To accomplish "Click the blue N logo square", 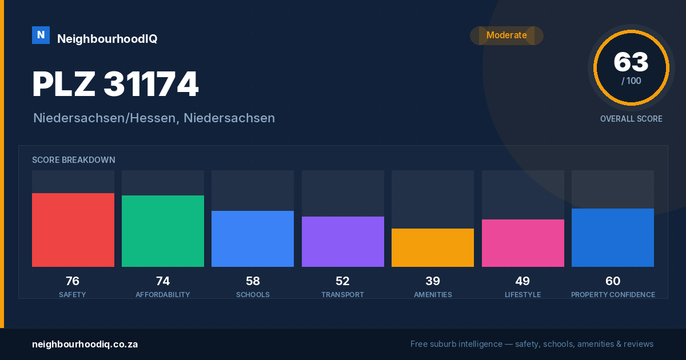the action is click(41, 35).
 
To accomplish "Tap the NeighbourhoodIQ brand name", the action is click(107, 39).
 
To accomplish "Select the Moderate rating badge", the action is click(506, 35).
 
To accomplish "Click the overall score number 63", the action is click(631, 62).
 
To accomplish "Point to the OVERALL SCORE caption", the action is click(631, 119).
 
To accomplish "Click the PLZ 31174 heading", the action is click(115, 84).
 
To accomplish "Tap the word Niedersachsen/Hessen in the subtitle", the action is click(105, 118).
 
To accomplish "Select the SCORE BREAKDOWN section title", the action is click(74, 160).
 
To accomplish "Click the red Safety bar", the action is click(73, 230).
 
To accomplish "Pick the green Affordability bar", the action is click(163, 231).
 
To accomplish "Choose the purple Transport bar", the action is click(342, 242).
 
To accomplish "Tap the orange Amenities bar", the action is click(433, 247).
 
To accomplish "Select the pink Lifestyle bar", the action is click(523, 243).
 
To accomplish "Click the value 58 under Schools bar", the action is click(253, 281).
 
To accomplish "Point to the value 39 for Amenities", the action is click(433, 281).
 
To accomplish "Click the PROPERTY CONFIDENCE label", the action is click(613, 295).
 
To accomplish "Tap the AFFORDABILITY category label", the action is click(163, 295).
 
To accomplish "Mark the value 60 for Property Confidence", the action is click(613, 281).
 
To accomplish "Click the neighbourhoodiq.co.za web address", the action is click(85, 345).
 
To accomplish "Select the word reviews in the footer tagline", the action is click(639, 344).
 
